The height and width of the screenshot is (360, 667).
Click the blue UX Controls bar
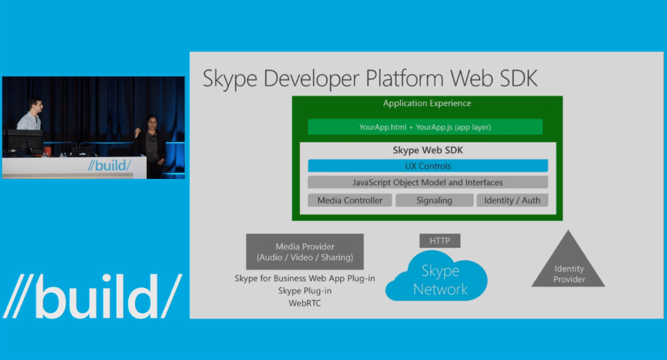click(428, 166)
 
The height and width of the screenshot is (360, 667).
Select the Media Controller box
click(350, 201)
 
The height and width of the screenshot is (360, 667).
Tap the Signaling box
click(434, 201)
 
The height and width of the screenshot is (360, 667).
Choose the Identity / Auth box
click(512, 201)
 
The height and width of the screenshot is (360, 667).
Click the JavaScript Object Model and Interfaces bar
click(428, 182)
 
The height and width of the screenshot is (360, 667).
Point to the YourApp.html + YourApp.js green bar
click(425, 127)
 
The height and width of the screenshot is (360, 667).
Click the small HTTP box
click(440, 241)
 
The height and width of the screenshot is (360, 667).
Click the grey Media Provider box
click(305, 252)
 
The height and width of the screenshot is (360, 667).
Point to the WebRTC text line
click(305, 303)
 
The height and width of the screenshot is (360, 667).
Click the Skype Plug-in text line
click(305, 291)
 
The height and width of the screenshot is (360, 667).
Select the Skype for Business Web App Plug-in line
click(305, 278)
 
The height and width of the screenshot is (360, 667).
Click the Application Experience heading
click(427, 103)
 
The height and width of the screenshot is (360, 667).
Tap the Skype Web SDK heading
click(427, 150)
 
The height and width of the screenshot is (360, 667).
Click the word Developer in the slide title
click(311, 79)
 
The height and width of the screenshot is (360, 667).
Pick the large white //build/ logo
click(93, 296)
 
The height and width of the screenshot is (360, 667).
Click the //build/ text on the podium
click(109, 165)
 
